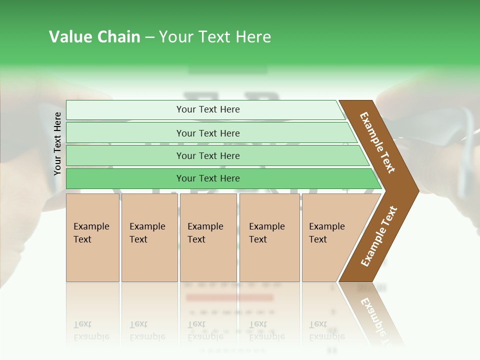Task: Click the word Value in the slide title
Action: (70, 37)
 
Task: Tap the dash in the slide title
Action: (149, 37)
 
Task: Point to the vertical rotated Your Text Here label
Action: (57, 143)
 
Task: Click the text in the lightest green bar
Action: (208, 109)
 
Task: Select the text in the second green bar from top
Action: (208, 133)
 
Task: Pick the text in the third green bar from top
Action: (208, 155)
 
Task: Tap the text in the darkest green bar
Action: (208, 178)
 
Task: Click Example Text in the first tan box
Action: (91, 233)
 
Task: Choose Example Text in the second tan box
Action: (147, 233)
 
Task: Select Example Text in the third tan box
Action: (205, 233)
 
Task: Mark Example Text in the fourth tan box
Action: (266, 233)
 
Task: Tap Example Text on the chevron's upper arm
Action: (377, 142)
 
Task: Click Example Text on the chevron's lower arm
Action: (379, 236)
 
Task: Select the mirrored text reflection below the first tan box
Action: (91, 330)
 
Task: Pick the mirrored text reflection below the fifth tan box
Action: (327, 330)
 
